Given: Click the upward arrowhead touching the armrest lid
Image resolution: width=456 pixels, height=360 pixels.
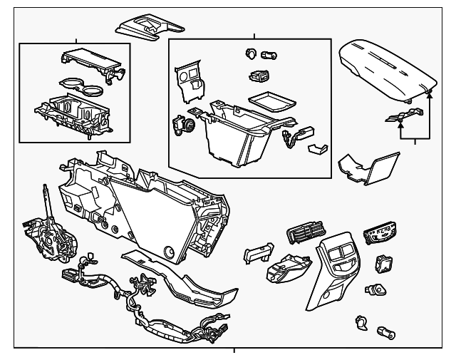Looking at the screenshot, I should click(429, 95).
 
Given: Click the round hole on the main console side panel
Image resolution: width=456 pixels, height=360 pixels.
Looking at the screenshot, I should click(170, 251).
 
